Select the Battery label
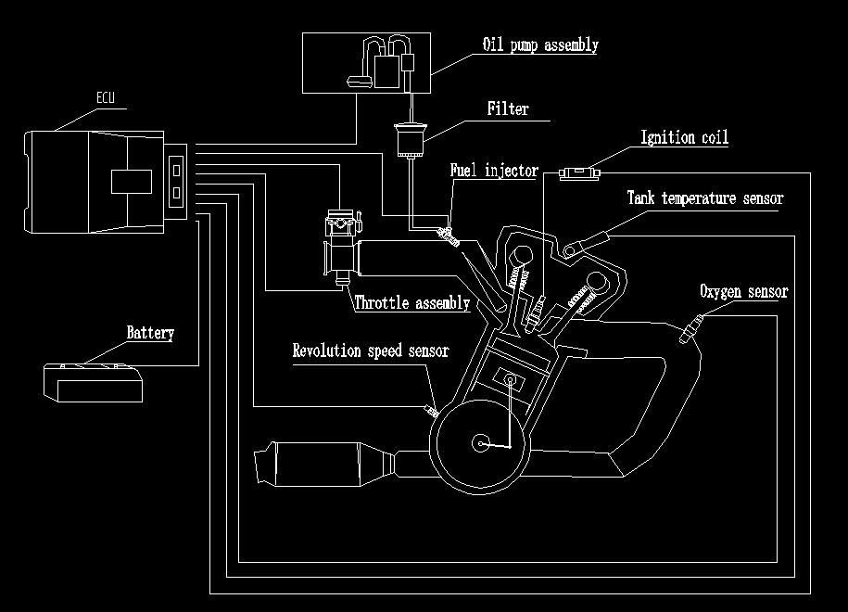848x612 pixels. click(x=150, y=333)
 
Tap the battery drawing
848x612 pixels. click(x=94, y=382)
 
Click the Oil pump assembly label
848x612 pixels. click(x=540, y=45)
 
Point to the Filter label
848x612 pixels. click(x=508, y=109)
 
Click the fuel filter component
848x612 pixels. click(x=409, y=141)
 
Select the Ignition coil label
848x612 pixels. click(x=685, y=138)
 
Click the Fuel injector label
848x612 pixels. click(x=494, y=171)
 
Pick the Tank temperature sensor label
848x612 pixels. click(x=705, y=198)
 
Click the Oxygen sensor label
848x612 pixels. click(x=743, y=292)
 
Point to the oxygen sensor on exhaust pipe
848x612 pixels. click(x=690, y=327)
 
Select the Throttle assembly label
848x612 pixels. click(x=412, y=302)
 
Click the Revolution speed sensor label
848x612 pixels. click(x=371, y=351)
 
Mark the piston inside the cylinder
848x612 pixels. click(x=508, y=377)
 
